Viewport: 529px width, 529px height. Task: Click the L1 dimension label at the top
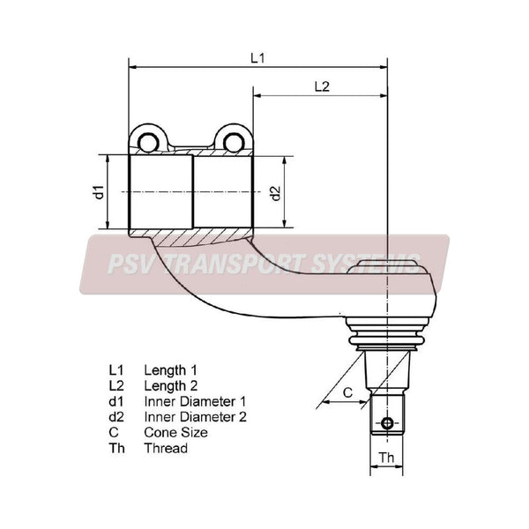[257, 58]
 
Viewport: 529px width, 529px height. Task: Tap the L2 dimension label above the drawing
[322, 86]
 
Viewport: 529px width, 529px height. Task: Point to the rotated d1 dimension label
[99, 192]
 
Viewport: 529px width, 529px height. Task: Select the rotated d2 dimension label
[276, 193]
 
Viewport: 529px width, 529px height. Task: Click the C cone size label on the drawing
[347, 392]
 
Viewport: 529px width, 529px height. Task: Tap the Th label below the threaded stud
[386, 458]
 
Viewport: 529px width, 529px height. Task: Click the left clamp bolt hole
[148, 143]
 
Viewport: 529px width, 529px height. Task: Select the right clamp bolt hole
[234, 143]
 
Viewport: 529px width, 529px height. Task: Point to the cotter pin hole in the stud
[387, 422]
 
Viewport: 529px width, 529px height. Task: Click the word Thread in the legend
[166, 448]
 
